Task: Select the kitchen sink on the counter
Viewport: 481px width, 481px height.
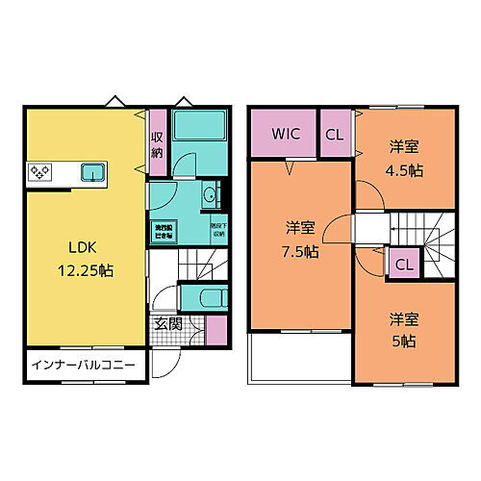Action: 92,173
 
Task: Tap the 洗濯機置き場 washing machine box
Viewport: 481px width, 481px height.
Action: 165,230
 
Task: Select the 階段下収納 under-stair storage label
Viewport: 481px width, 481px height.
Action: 217,230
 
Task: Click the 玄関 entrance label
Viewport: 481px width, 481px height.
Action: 168,324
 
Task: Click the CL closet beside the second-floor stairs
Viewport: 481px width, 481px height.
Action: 404,264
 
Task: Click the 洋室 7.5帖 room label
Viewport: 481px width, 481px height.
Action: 300,238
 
